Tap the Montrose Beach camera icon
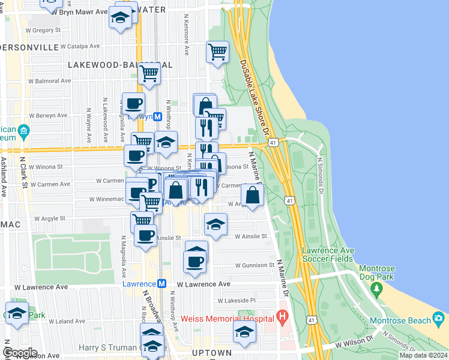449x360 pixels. pos(439,317)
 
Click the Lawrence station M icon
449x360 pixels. pos(161,284)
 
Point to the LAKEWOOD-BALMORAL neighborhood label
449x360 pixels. pos(120,65)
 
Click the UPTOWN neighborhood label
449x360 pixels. pos(211,352)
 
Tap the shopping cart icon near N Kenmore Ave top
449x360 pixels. pos(217,52)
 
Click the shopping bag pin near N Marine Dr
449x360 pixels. pos(253,195)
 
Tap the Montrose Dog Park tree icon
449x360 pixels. pos(378,290)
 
